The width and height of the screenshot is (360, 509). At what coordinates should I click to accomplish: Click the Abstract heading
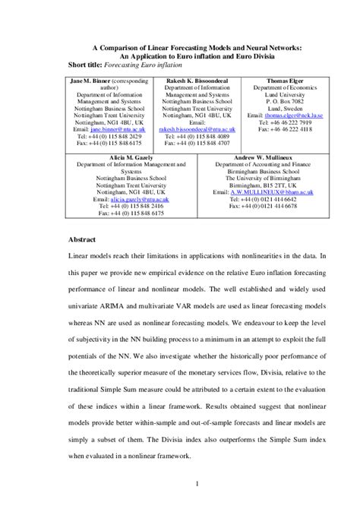click(x=83, y=239)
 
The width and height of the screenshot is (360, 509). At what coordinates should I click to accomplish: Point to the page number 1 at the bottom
click(x=197, y=482)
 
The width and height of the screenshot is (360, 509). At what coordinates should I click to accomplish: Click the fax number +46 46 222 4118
click(x=286, y=129)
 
